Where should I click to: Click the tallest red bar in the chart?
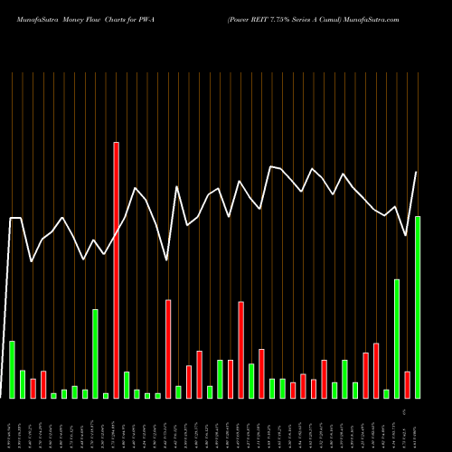click(x=116, y=269)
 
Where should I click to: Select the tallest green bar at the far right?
click(x=418, y=307)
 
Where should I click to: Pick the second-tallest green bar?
click(x=397, y=339)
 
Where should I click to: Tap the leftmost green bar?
click(x=12, y=370)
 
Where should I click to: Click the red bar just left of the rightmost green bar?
click(x=408, y=385)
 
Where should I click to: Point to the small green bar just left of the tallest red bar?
click(x=106, y=395)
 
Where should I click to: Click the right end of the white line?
click(x=417, y=172)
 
